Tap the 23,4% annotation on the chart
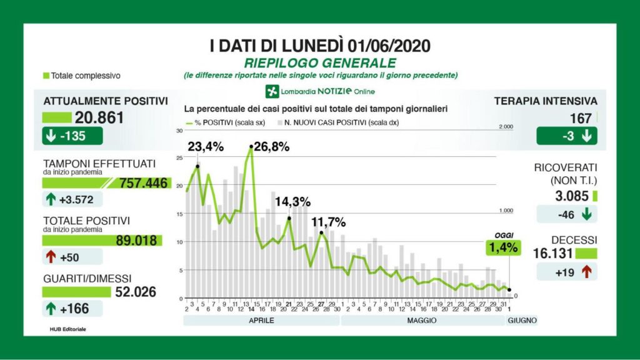click(x=206, y=147)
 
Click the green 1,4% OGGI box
click(x=504, y=247)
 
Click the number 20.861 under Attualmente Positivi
click(x=99, y=117)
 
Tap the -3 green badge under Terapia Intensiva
click(x=566, y=136)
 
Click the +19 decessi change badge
click(x=566, y=272)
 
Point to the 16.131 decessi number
click(x=554, y=253)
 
